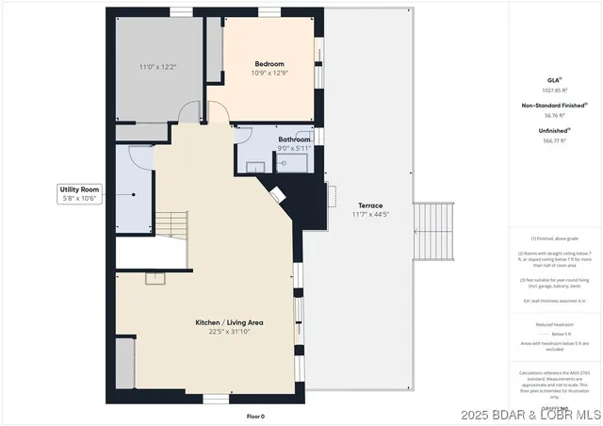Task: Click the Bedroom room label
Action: click(269, 64)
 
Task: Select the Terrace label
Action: click(368, 205)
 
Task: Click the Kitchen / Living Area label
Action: click(229, 322)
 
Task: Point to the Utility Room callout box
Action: click(79, 194)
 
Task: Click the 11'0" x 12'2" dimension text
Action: click(157, 67)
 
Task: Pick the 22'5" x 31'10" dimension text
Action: click(229, 331)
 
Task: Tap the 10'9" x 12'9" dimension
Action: click(269, 73)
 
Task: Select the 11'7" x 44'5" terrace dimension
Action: click(368, 214)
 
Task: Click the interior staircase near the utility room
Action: click(171, 224)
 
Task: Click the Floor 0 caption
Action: click(254, 416)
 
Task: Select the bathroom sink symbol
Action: click(283, 162)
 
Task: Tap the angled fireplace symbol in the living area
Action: click(279, 194)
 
